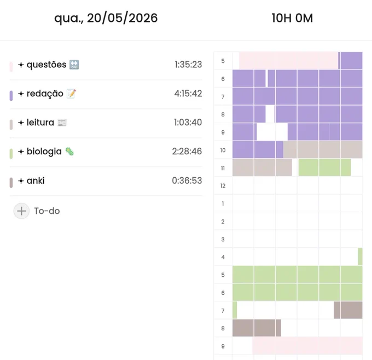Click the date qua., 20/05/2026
tap(106, 18)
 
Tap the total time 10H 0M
tap(292, 18)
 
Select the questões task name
tap(47, 65)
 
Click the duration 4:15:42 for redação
tap(188, 94)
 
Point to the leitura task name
tap(40, 123)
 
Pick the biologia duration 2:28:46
tap(187, 152)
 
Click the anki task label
tap(36, 181)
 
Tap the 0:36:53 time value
tap(187, 181)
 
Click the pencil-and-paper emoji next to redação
tap(71, 94)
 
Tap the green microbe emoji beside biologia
tap(69, 152)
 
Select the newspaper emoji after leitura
tap(62, 123)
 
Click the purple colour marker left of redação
tap(11, 96)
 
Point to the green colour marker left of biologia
tap(11, 154)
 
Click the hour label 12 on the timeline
tap(223, 186)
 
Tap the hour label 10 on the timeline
tap(223, 150)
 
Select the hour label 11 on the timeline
tap(223, 168)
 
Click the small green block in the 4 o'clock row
tap(360, 257)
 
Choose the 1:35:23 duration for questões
tap(188, 65)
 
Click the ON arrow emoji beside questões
tap(74, 65)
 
